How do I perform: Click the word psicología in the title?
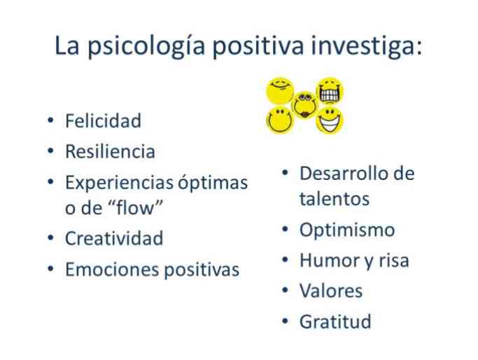[x=146, y=46]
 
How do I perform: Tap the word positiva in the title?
[x=258, y=46]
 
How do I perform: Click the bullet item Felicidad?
[x=103, y=120]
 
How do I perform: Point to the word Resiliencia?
[x=110, y=151]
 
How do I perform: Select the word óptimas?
[x=213, y=183]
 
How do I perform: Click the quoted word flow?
[x=136, y=207]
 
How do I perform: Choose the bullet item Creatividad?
[x=114, y=238]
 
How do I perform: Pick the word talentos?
[x=335, y=199]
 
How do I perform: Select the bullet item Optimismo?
[x=347, y=230]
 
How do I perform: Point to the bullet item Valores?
[x=331, y=291]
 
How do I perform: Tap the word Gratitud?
[x=335, y=321]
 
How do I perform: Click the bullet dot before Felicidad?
[x=50, y=120]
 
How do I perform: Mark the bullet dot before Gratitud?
[x=285, y=321]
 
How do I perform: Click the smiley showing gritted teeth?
[x=330, y=92]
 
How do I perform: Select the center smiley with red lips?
[x=304, y=106]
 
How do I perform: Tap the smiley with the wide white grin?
[x=329, y=120]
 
